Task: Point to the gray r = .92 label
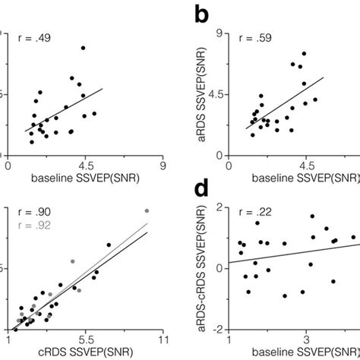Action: tap(33, 226)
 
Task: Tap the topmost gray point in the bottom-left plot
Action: tap(147, 210)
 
